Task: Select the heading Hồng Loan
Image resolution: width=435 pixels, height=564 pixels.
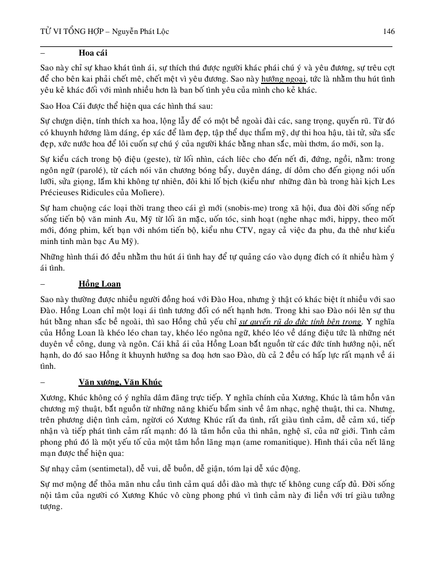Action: pos(99,284)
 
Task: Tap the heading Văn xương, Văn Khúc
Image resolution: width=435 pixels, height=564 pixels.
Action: pos(120,382)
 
